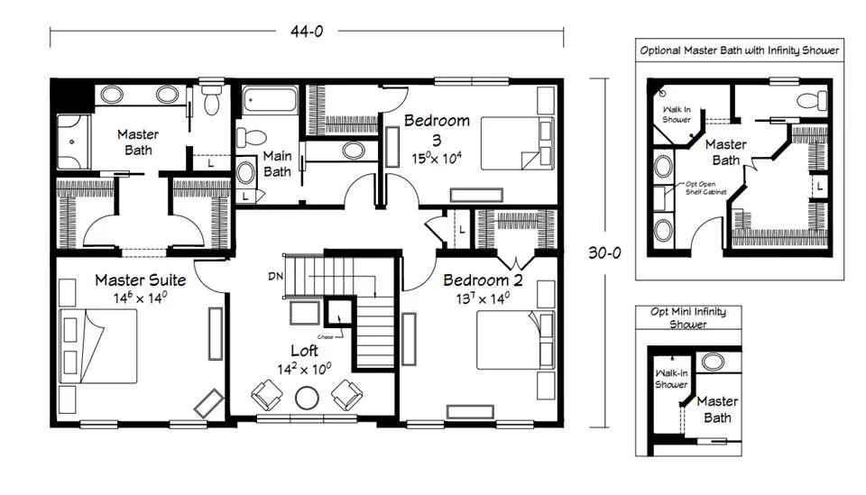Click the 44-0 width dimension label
click(x=307, y=32)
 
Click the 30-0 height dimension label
click(x=604, y=252)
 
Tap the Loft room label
click(x=304, y=351)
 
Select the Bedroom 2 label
click(x=483, y=280)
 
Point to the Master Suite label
click(x=141, y=280)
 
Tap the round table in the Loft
click(x=307, y=398)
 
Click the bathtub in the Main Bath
click(x=270, y=100)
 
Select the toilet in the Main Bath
click(x=251, y=137)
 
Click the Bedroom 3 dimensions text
click(x=437, y=159)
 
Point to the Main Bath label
click(x=277, y=164)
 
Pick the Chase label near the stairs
click(x=326, y=336)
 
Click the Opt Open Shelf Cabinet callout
click(x=705, y=188)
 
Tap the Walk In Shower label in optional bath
click(x=676, y=115)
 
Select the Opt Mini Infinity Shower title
click(x=688, y=318)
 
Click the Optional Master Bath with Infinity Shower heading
click(x=739, y=50)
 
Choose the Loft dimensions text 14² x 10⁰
click(x=304, y=369)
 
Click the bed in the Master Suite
click(x=98, y=346)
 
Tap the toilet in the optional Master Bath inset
click(x=812, y=100)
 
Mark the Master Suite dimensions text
click(x=141, y=298)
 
